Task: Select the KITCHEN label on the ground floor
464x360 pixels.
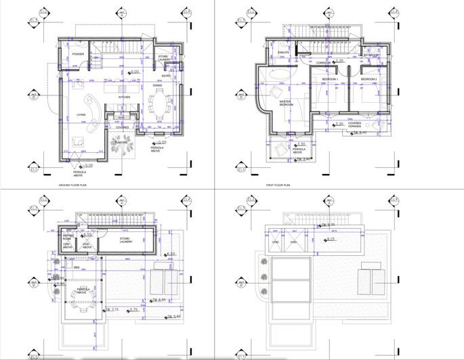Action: [125, 97]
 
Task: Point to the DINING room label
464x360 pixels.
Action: [157, 86]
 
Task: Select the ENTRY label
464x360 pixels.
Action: [166, 76]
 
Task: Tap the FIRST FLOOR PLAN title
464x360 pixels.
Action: [278, 184]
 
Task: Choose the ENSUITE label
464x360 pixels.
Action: [284, 52]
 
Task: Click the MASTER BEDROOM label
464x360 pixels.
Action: [287, 104]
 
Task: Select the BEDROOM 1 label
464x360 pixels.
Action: [330, 79]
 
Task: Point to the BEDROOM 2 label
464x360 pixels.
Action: [368, 79]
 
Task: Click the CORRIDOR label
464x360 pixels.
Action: [323, 62]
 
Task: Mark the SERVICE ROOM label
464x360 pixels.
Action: [67, 238]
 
